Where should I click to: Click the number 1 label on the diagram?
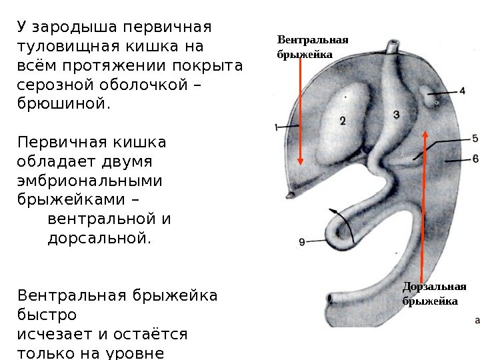(276, 127)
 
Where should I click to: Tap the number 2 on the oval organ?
(342, 121)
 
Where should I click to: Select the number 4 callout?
(462, 91)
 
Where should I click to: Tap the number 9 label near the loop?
(303, 243)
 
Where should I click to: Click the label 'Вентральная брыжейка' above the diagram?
(312, 47)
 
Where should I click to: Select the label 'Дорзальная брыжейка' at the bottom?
(434, 294)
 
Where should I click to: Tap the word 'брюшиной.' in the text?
(63, 104)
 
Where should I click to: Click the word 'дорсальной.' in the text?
(99, 237)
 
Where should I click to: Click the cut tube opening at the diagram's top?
(393, 46)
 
